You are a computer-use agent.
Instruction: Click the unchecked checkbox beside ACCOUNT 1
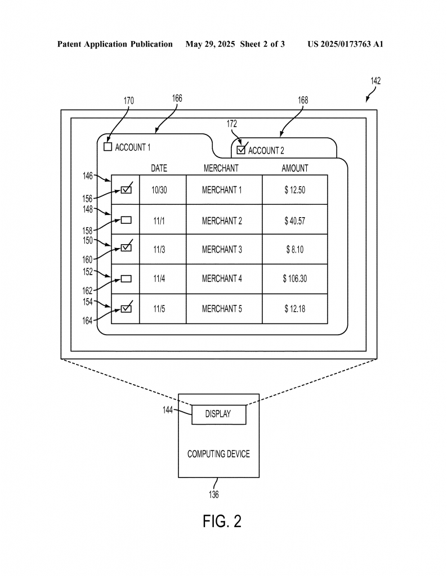[x=108, y=147]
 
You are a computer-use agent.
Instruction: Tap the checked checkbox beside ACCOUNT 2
[x=241, y=150]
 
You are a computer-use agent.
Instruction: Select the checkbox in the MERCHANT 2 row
[x=126, y=220]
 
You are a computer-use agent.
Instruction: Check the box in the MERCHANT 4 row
[x=126, y=279]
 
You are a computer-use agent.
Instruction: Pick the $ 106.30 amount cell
[x=295, y=279]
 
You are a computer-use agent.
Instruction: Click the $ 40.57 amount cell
[x=295, y=220]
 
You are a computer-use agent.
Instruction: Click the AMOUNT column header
[x=295, y=168]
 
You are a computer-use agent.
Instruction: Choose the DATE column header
[x=159, y=168]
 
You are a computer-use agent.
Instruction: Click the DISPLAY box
[x=219, y=415]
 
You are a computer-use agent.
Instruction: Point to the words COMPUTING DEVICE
[x=218, y=454]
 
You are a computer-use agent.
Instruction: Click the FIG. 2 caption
[x=222, y=521]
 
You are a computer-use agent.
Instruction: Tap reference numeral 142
[x=376, y=81]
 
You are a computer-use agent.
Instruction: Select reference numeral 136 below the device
[x=213, y=494]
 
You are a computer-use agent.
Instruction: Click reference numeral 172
[x=231, y=124]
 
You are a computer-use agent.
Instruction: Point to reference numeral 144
[x=168, y=409]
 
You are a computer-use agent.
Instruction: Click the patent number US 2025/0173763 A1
[x=346, y=44]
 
